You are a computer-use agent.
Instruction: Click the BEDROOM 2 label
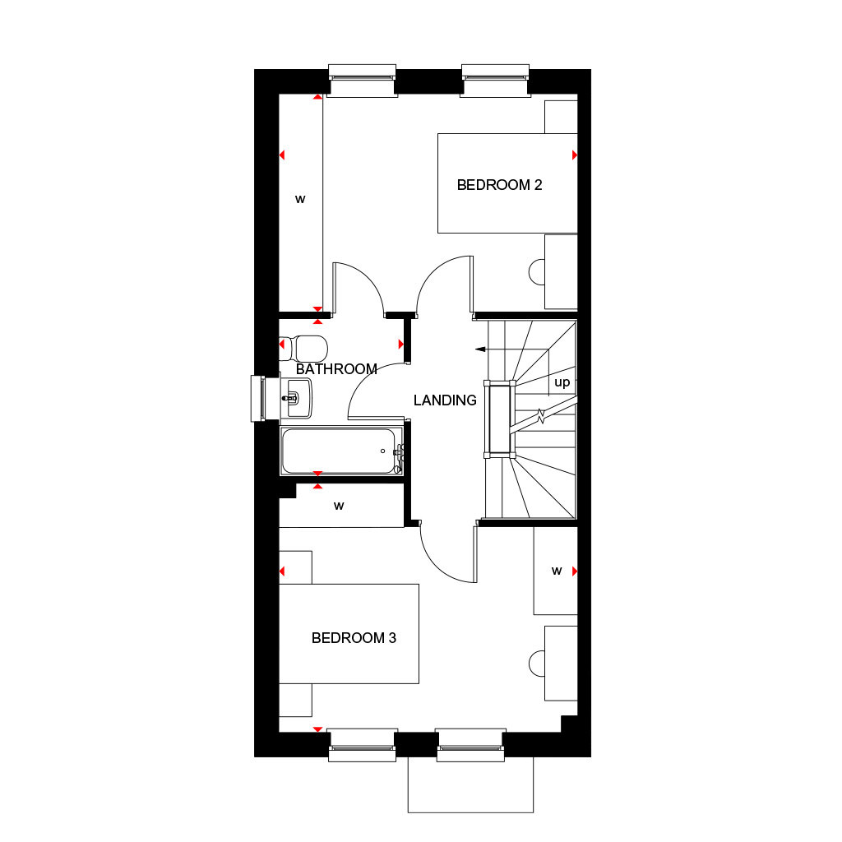(x=499, y=185)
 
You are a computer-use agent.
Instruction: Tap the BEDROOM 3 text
(x=354, y=638)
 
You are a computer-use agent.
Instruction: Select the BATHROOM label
(x=336, y=369)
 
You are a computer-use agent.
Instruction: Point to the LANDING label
(x=445, y=400)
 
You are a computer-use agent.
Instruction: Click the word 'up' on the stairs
(x=562, y=383)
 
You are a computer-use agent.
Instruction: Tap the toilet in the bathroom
(x=305, y=348)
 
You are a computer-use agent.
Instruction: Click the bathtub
(x=339, y=451)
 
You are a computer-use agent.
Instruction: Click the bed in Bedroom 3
(x=349, y=634)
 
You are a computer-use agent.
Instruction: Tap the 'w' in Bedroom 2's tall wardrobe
(x=300, y=198)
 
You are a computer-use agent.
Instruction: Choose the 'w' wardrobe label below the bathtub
(x=339, y=506)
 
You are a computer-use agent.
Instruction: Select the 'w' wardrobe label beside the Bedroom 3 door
(x=557, y=571)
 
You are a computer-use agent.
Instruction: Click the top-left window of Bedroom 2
(x=362, y=80)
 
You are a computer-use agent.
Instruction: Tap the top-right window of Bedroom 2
(x=494, y=80)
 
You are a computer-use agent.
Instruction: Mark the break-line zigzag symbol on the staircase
(x=541, y=417)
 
